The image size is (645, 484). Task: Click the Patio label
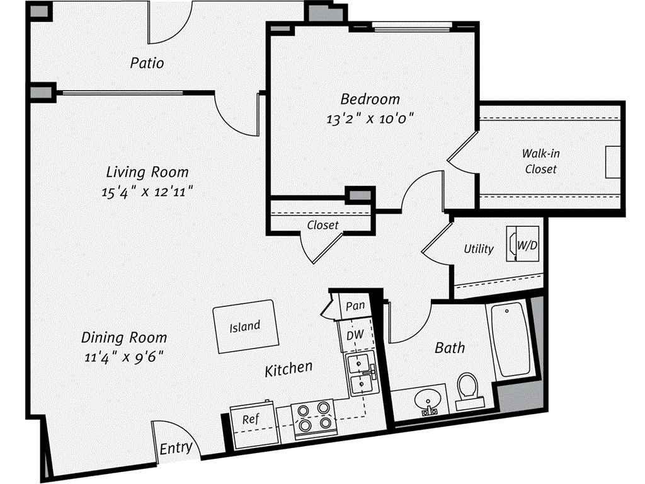[x=147, y=63]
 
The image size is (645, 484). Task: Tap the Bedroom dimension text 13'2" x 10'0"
[x=370, y=117]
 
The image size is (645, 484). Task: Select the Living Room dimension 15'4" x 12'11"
[x=146, y=192]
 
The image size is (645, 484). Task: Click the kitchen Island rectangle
[x=245, y=326]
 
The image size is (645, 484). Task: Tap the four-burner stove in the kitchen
[x=314, y=417]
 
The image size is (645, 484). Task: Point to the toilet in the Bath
[x=468, y=388]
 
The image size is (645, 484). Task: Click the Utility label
[x=479, y=248]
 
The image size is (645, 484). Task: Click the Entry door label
[x=176, y=449]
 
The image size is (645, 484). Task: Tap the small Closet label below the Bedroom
[x=322, y=224]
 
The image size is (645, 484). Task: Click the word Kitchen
[x=288, y=368]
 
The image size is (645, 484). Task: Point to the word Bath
[x=450, y=347]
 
